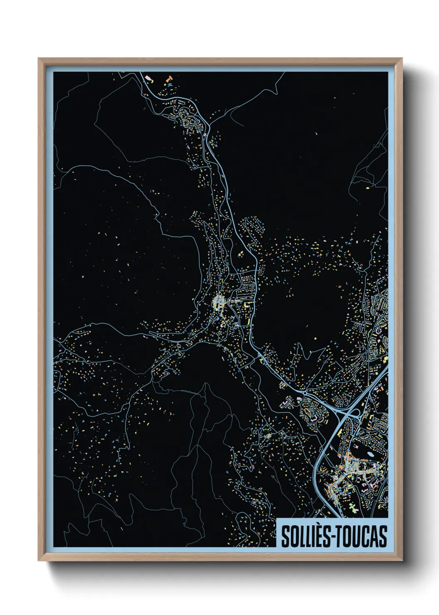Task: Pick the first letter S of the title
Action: [x=285, y=536]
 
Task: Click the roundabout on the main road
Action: [x=305, y=392]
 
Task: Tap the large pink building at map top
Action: [x=147, y=77]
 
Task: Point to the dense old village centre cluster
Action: [x=218, y=302]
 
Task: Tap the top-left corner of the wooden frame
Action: [x=39, y=59]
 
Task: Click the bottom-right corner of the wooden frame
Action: [x=401, y=560]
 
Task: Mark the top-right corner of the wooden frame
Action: [x=401, y=59]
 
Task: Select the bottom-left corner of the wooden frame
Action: [x=39, y=560]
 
